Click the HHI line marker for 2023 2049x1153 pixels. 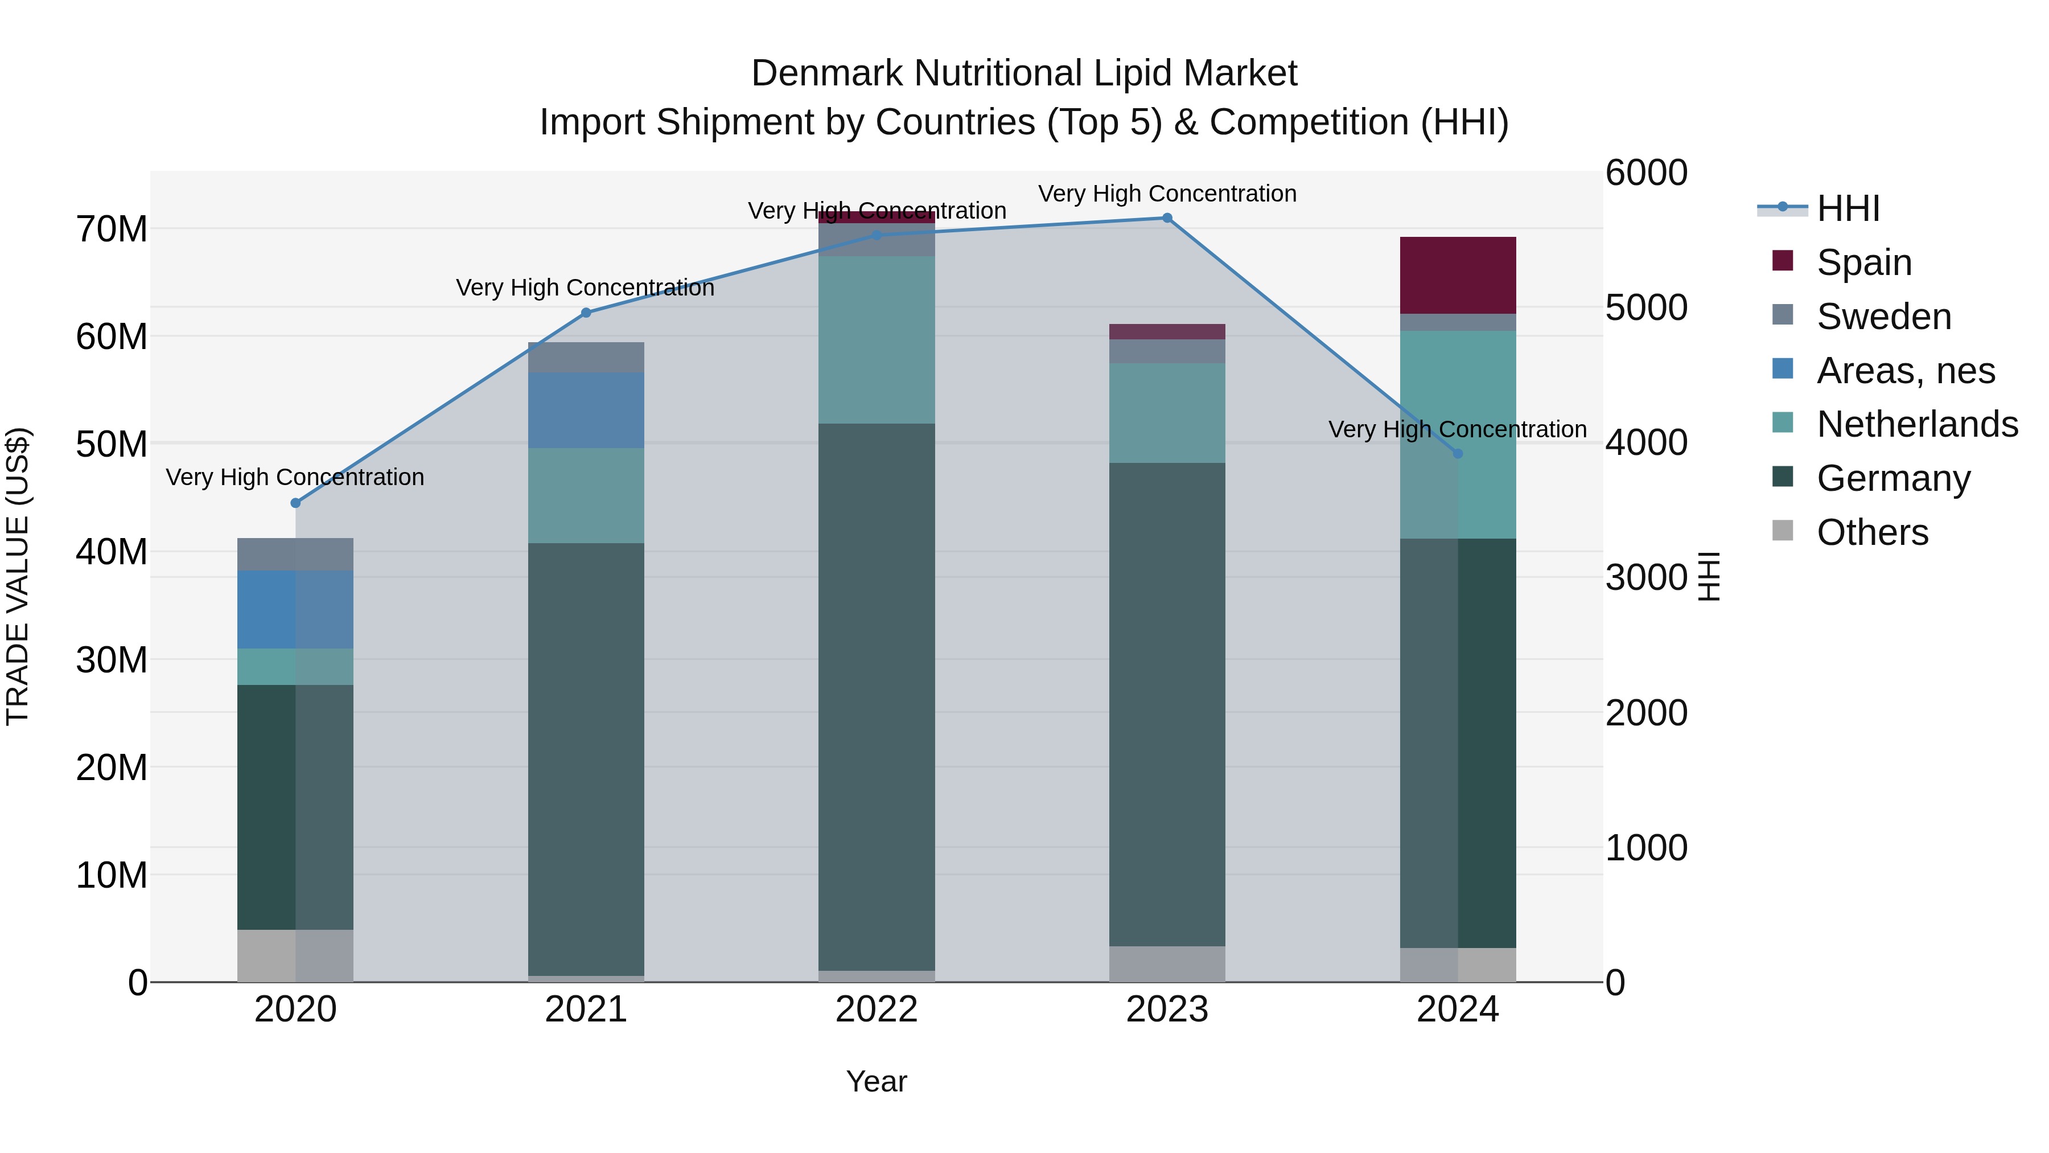click(1167, 218)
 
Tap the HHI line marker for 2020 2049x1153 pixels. click(295, 503)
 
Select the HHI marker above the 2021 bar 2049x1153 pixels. click(586, 313)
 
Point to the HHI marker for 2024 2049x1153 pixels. click(1457, 454)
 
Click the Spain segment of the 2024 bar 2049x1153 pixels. click(1457, 276)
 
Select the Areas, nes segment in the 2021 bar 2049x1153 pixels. click(586, 411)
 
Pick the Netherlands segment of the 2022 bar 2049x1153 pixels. click(877, 340)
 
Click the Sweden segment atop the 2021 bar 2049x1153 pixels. click(586, 357)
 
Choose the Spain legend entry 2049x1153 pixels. click(1863, 262)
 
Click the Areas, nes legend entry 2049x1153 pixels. click(1905, 371)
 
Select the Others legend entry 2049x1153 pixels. click(1871, 532)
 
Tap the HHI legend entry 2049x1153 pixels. click(1848, 208)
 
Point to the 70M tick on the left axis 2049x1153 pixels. click(112, 229)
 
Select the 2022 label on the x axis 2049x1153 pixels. click(877, 1010)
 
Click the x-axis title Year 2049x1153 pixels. click(877, 1081)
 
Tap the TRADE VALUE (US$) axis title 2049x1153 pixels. click(18, 576)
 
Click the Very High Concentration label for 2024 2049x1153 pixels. click(1457, 430)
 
